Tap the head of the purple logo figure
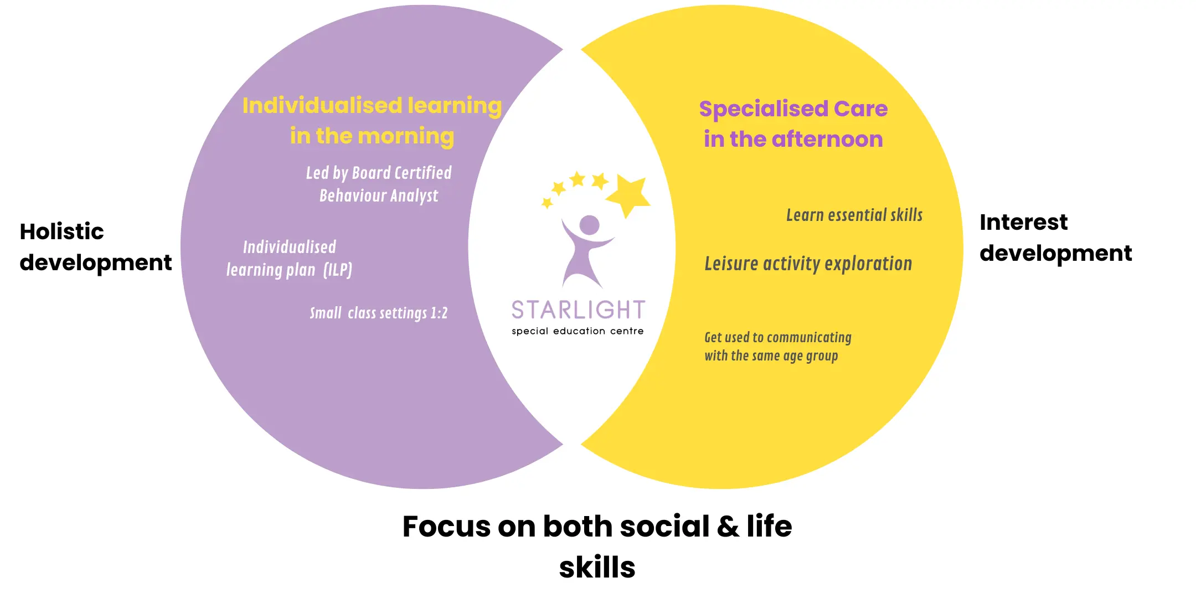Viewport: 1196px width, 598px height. (589, 225)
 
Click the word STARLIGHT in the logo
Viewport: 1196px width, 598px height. (578, 310)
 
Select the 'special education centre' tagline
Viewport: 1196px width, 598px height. (578, 331)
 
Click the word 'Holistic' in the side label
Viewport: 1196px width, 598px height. (61, 231)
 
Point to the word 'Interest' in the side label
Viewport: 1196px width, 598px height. (1023, 222)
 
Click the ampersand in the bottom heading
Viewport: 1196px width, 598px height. (728, 527)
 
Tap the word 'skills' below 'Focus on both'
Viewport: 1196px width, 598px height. (597, 568)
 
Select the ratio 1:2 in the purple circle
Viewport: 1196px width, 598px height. (439, 313)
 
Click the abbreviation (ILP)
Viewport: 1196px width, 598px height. (338, 270)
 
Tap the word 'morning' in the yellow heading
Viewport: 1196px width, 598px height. (406, 137)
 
